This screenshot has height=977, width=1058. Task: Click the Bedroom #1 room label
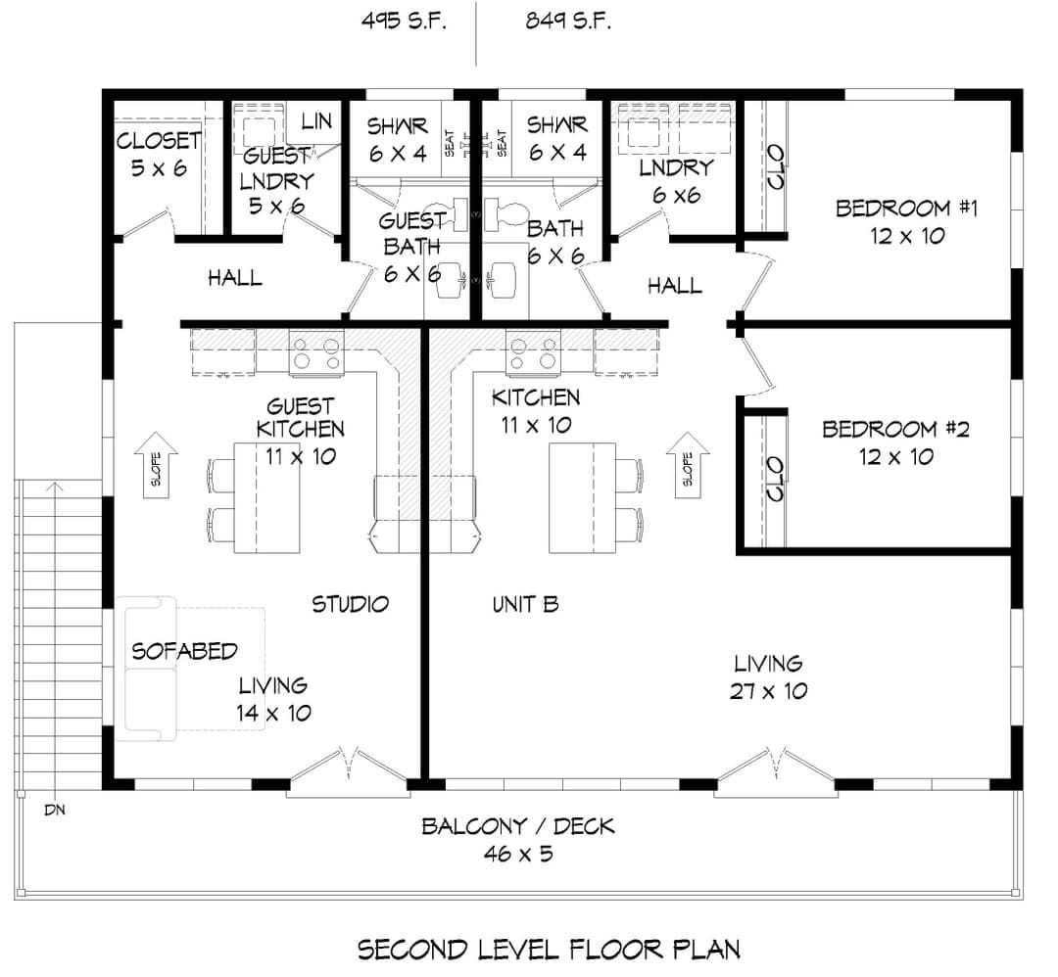click(x=906, y=222)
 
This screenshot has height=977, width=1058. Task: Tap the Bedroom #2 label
click(x=895, y=443)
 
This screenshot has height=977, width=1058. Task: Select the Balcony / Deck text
click(x=517, y=839)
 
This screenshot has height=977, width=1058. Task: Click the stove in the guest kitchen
click(x=316, y=352)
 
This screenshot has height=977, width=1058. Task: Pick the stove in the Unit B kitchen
click(x=533, y=352)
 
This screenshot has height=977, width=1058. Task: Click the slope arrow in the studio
click(x=156, y=465)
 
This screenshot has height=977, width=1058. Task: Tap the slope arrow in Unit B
click(x=688, y=465)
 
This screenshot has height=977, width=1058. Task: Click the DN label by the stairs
click(x=55, y=810)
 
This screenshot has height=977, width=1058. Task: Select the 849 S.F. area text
click(x=568, y=21)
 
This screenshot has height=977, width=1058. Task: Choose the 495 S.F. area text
click(x=404, y=21)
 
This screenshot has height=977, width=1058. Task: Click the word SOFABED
click(x=184, y=651)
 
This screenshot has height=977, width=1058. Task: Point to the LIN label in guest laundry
click(x=315, y=121)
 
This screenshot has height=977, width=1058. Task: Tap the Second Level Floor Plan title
click(x=549, y=950)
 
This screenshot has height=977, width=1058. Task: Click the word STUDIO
click(x=350, y=604)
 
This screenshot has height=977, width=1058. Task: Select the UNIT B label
click(x=526, y=604)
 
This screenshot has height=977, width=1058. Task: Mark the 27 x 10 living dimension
click(x=769, y=691)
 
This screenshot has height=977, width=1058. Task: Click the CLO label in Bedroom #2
click(x=775, y=479)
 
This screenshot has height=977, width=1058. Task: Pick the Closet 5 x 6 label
click(x=159, y=155)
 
